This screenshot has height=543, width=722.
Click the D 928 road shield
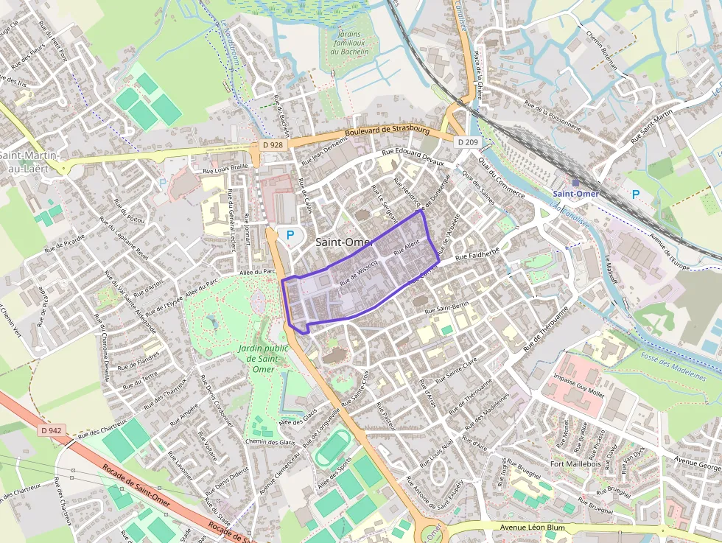[x=273, y=145]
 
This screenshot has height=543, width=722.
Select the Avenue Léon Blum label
[x=533, y=528]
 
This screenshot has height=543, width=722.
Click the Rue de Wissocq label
[x=359, y=271]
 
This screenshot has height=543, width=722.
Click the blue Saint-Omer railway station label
[x=575, y=194]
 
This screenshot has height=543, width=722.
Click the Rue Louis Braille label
[x=225, y=167]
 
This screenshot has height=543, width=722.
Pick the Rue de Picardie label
[x=65, y=244]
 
